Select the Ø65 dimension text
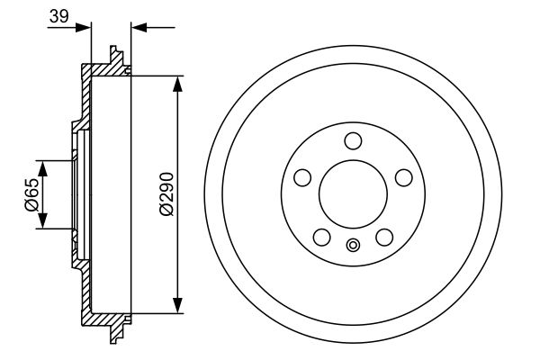[x=31, y=194]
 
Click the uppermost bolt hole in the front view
[x=353, y=139]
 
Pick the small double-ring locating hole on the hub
[x=353, y=245]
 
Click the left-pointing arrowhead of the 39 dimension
[x=138, y=28]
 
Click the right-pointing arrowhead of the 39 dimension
[x=85, y=28]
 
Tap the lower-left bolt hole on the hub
[x=320, y=237]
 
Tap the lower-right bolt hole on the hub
[x=385, y=237]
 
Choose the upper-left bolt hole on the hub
[x=301, y=175]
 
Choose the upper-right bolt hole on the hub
[x=405, y=175]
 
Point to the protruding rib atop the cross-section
[x=114, y=53]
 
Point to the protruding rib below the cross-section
[x=114, y=335]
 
